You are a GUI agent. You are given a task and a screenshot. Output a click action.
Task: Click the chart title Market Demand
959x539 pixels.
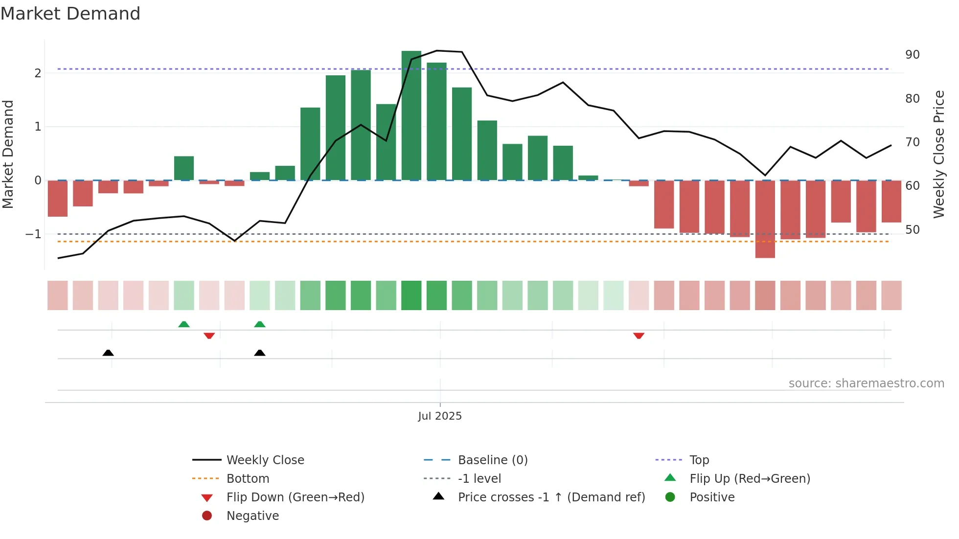click(70, 14)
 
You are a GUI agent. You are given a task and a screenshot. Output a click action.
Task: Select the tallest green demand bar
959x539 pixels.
click(411, 115)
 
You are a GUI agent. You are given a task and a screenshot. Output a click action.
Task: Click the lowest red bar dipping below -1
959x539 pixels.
click(765, 219)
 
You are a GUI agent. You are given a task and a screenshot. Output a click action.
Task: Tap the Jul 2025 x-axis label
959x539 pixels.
click(439, 416)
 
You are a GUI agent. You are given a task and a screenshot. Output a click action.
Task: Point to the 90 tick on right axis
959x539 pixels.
click(912, 55)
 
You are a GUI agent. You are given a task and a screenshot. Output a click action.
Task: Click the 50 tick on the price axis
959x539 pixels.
click(912, 230)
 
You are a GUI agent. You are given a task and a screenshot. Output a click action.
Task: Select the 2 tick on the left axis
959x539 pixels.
click(38, 73)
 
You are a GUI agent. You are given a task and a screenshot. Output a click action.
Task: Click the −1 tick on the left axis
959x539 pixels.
click(33, 234)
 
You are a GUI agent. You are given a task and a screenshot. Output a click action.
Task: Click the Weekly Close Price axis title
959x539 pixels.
click(938, 154)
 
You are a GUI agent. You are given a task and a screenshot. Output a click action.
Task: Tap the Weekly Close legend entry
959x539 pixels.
click(265, 460)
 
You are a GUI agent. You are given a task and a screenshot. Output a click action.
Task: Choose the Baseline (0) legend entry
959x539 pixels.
click(492, 460)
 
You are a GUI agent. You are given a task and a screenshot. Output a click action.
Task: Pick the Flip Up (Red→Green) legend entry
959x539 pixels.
click(749, 479)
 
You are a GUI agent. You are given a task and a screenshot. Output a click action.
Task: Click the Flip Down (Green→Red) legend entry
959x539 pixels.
click(295, 497)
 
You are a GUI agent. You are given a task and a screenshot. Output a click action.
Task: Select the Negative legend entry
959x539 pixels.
click(252, 516)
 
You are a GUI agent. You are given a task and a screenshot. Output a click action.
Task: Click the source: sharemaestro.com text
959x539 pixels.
click(866, 383)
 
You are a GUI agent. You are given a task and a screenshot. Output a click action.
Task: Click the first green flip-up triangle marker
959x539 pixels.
click(184, 324)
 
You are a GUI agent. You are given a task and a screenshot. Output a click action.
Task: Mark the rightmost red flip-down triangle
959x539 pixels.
click(639, 336)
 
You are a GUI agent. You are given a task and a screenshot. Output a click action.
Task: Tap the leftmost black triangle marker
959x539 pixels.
click(108, 353)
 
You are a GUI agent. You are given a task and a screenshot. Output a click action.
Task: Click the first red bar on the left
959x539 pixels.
click(57, 199)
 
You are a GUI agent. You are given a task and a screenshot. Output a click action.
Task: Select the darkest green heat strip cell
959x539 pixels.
click(411, 295)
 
